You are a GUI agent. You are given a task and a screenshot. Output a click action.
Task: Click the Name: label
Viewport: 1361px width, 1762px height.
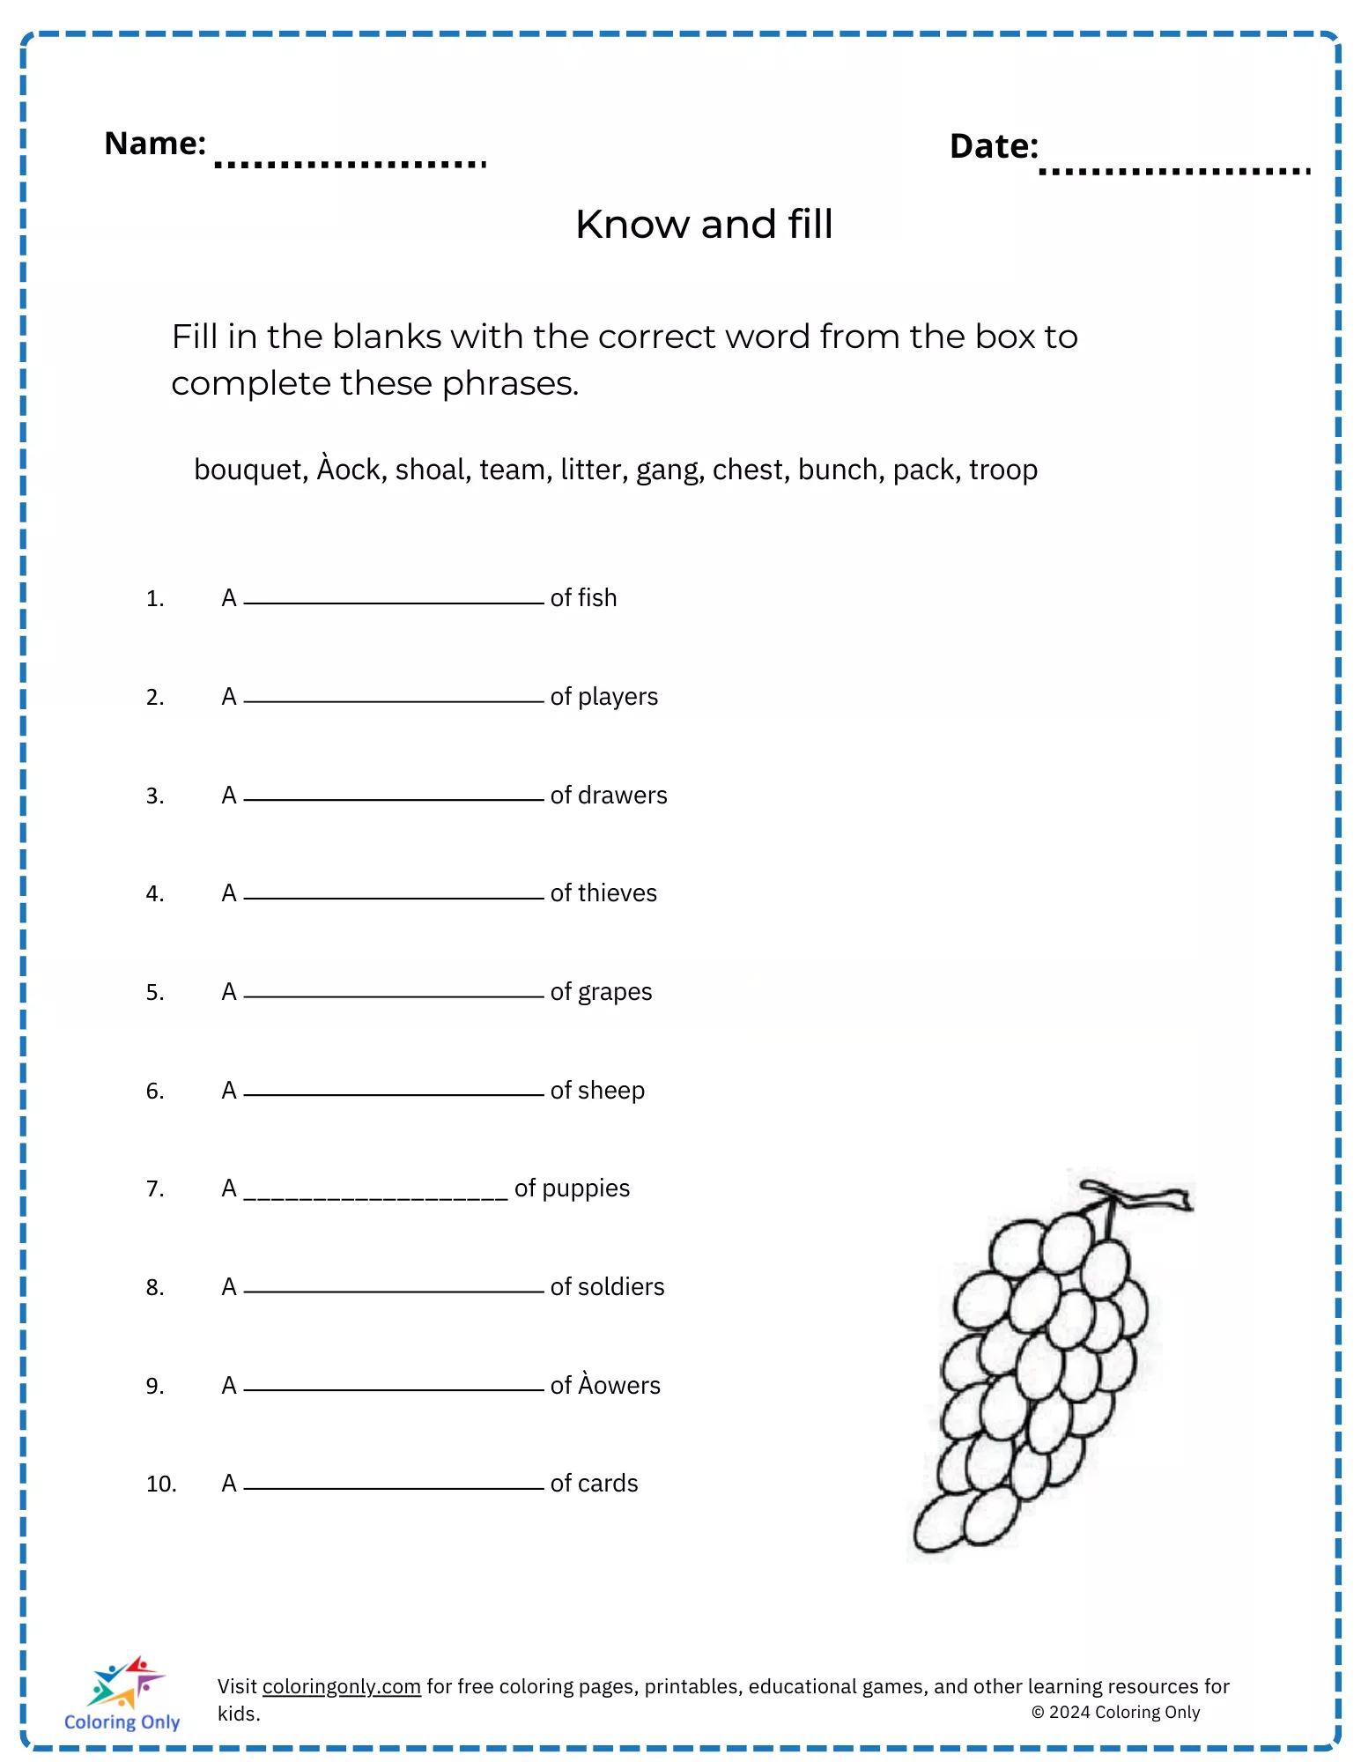click(155, 144)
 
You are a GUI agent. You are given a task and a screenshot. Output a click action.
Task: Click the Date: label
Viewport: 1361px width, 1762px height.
click(994, 146)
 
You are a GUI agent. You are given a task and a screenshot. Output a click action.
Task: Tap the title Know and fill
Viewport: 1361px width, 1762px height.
click(704, 225)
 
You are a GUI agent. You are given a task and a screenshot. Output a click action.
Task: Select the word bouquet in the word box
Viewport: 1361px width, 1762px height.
click(249, 470)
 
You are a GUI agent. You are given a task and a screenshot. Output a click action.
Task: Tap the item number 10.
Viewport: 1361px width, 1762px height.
click(161, 1484)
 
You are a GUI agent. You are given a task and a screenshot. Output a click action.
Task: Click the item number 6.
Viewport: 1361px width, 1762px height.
click(155, 1092)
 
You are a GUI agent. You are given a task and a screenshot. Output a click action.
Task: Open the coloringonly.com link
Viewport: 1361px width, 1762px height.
click(341, 1686)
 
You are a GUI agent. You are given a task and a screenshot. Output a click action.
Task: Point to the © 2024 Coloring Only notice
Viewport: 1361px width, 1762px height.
click(1115, 1712)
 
